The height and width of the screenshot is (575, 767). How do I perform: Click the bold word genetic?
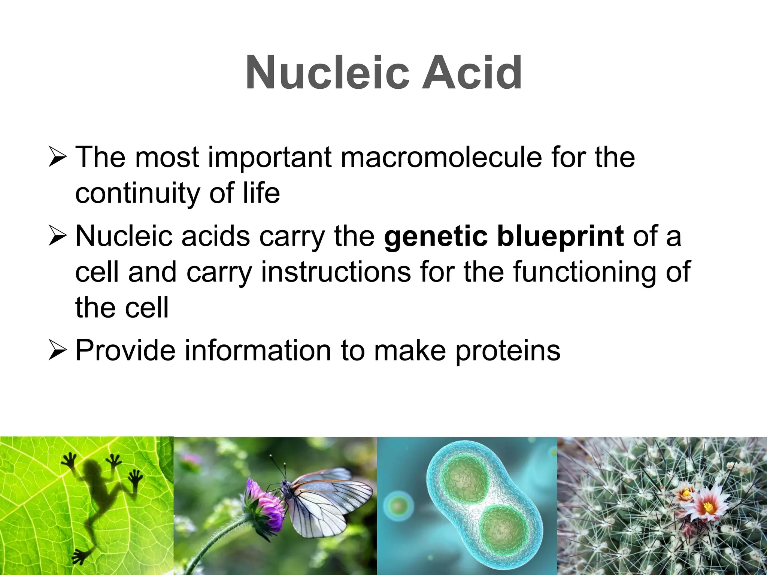(436, 237)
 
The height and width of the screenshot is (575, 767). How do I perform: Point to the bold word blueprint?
(560, 237)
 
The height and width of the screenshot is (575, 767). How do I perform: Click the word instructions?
(336, 272)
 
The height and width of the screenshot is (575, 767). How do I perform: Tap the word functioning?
(584, 272)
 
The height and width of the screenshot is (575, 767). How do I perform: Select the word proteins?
(507, 351)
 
